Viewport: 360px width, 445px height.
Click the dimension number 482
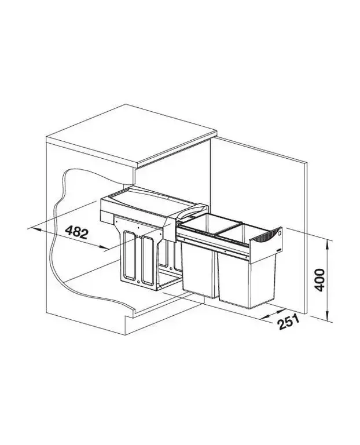(x=77, y=232)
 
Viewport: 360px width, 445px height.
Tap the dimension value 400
(x=319, y=279)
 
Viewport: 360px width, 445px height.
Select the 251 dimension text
(x=289, y=322)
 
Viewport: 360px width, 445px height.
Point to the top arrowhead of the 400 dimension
(x=328, y=243)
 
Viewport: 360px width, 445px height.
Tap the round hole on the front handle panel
(x=280, y=233)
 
